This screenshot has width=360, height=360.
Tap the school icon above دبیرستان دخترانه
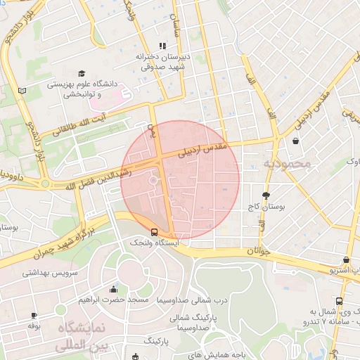pos(163,46)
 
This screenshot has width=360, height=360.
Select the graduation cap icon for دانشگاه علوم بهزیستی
pos(82,74)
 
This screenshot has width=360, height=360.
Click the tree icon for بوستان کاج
pos(265,195)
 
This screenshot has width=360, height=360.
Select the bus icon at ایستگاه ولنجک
pos(154,231)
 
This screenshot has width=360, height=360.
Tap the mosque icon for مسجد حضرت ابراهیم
pos(114,289)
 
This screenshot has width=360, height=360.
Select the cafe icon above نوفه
pos(33,316)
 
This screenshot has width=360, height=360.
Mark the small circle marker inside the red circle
pos(153,181)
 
